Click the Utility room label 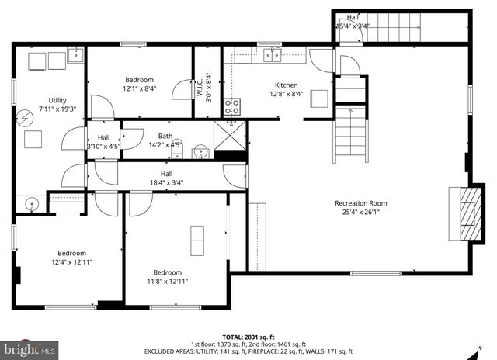point(57,100)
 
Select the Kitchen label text point(286,85)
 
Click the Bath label point(165,136)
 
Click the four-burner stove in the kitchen point(232,107)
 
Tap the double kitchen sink point(272,54)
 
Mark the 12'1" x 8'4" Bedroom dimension point(140,88)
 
